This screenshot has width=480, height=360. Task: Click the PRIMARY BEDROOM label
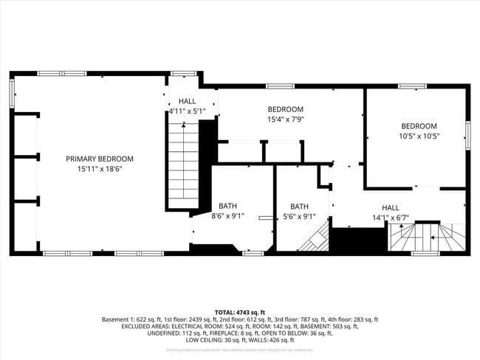click(x=100, y=159)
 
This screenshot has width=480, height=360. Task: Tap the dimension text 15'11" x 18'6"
click(x=100, y=169)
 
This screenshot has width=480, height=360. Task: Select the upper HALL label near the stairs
click(x=187, y=101)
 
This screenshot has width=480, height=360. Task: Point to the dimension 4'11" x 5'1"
click(x=187, y=111)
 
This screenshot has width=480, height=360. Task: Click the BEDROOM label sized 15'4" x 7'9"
click(x=285, y=109)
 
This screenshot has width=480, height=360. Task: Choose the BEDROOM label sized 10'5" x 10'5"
click(x=419, y=126)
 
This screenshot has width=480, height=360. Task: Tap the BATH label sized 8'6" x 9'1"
click(x=227, y=207)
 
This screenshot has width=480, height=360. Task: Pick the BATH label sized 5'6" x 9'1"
click(x=299, y=207)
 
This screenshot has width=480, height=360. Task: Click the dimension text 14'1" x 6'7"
click(x=390, y=218)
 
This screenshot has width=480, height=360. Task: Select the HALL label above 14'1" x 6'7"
click(x=390, y=207)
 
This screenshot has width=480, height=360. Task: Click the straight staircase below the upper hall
click(x=180, y=166)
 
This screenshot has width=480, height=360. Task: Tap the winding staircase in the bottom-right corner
click(x=427, y=238)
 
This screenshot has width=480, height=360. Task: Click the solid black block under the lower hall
click(x=358, y=240)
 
